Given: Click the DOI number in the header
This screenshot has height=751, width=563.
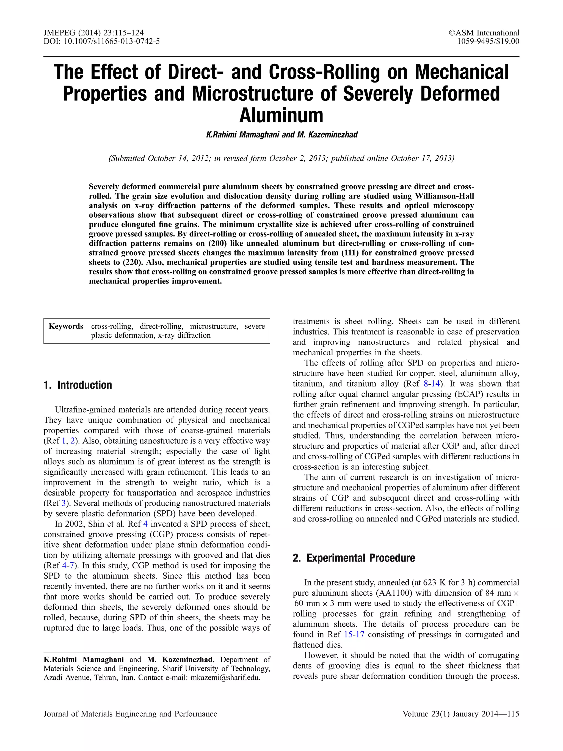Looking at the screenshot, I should (x=112, y=42).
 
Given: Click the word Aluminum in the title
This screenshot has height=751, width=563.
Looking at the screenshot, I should (x=281, y=115).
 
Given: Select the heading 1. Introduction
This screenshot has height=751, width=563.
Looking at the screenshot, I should (x=78, y=385).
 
